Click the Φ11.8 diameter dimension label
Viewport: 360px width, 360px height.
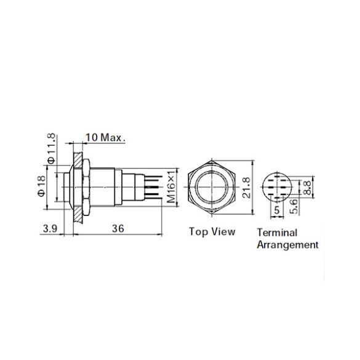pyautogui.click(x=52, y=148)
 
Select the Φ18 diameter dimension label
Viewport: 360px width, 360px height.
pyautogui.click(x=42, y=186)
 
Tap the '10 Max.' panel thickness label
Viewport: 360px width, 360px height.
pyautogui.click(x=105, y=137)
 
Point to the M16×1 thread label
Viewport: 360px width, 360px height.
pyautogui.click(x=172, y=187)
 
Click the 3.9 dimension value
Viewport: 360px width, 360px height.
pyautogui.click(x=50, y=229)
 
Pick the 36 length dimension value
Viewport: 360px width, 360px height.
pyautogui.click(x=118, y=229)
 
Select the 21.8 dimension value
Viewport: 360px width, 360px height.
pyautogui.click(x=247, y=187)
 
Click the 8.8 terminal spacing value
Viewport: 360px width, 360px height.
pyautogui.click(x=306, y=187)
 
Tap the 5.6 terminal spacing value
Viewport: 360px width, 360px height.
pyautogui.click(x=294, y=206)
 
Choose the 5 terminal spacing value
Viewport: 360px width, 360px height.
pyautogui.click(x=277, y=210)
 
